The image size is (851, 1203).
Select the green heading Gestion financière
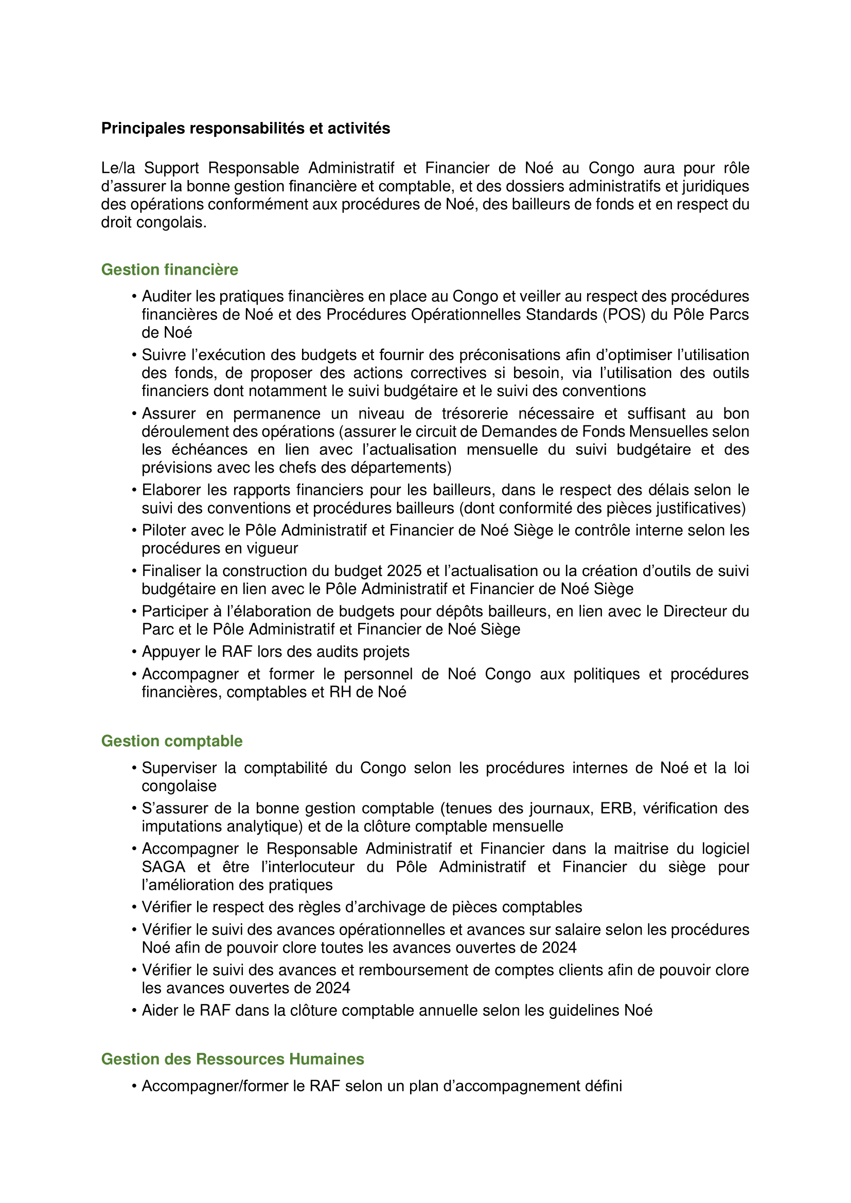click(x=169, y=270)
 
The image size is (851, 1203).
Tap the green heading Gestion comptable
click(x=171, y=741)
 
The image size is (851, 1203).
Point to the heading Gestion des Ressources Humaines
click(x=232, y=1059)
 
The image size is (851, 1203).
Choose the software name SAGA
click(x=164, y=867)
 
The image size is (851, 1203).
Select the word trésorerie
click(x=475, y=414)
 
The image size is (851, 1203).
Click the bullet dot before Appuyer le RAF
click(x=134, y=652)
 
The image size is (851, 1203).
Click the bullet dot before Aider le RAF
click(x=134, y=1011)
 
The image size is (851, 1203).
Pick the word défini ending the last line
click(x=605, y=1086)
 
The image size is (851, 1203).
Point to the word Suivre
click(x=162, y=355)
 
